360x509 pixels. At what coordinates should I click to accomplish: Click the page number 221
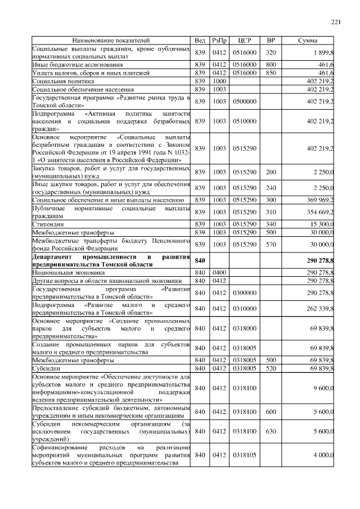coord(336,22)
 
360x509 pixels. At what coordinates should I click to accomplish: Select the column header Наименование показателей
coord(111,41)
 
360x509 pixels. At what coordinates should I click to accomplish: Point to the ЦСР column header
coord(244,41)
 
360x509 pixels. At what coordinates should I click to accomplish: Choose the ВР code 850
coord(271,73)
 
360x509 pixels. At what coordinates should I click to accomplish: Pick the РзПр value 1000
coord(219,81)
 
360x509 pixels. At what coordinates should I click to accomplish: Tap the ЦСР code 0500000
coord(244,102)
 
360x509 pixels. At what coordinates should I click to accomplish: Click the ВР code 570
coord(271,245)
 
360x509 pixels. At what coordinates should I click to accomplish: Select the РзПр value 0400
coord(219,272)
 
